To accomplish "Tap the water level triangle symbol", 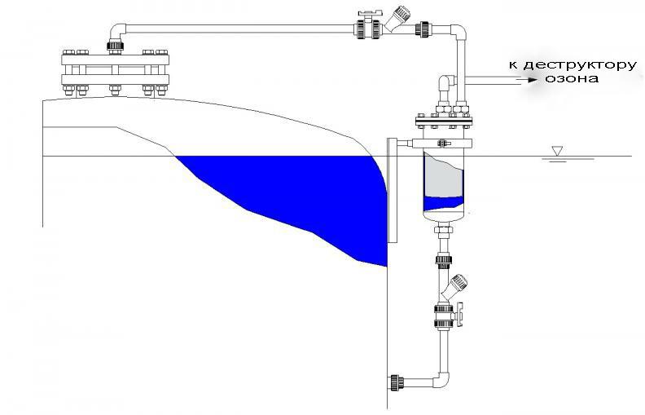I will pyautogui.click(x=557, y=150).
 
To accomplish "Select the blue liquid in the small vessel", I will pyautogui.click(x=445, y=204).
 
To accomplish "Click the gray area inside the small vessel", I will pyautogui.click(x=445, y=179).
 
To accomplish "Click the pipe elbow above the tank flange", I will pyautogui.click(x=118, y=32).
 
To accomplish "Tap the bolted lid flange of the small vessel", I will pyautogui.click(x=444, y=122).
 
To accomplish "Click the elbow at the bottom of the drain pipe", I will pyautogui.click(x=442, y=380).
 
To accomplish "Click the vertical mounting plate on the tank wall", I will pyautogui.click(x=393, y=189).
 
